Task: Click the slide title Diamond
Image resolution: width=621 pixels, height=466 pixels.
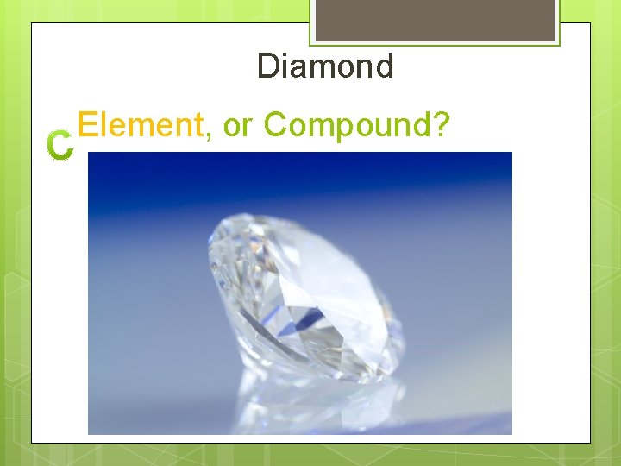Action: [x=325, y=66]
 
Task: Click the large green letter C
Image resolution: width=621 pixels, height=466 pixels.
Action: [x=60, y=147]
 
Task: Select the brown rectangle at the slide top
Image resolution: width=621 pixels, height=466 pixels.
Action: [x=435, y=20]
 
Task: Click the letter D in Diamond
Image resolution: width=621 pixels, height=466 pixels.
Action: [x=267, y=66]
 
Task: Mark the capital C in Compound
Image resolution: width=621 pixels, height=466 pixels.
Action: [x=275, y=125]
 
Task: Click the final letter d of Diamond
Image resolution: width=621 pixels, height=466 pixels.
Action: [x=384, y=66]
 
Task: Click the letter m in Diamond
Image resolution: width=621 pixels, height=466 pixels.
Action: [x=318, y=69]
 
